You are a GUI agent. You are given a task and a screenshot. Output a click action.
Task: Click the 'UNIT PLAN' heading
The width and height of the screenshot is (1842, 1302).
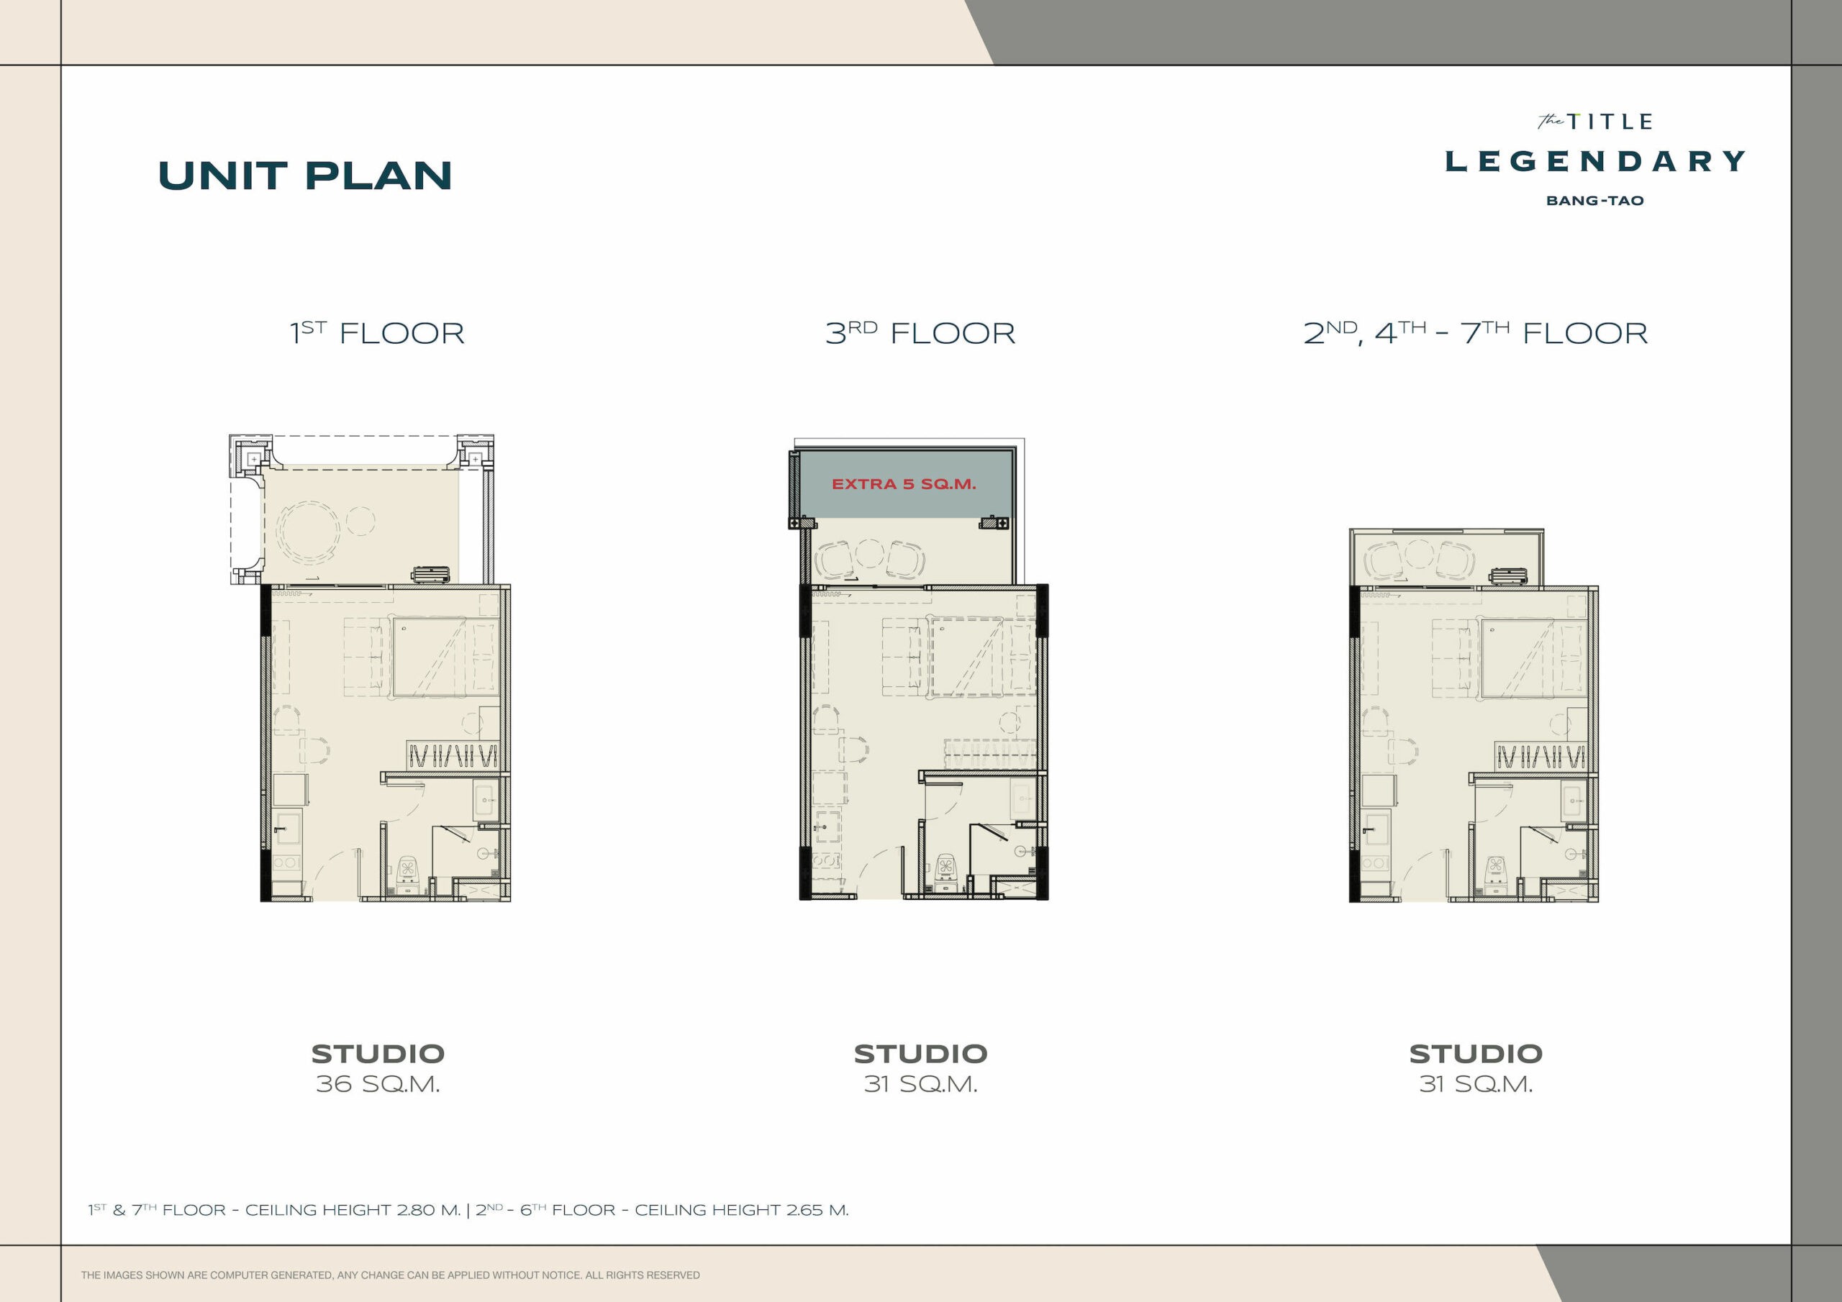coord(305,176)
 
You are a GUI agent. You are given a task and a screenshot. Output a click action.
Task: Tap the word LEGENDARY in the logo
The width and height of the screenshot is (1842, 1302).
coord(1595,161)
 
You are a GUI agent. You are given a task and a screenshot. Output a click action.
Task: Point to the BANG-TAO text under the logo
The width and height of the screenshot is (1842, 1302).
coord(1595,201)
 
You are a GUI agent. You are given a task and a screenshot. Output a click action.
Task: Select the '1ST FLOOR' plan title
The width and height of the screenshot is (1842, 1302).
coord(377,332)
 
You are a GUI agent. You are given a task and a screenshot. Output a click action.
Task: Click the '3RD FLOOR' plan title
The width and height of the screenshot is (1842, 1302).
coord(920,332)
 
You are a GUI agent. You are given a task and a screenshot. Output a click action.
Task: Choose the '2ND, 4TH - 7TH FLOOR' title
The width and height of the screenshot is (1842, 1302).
coord(1475,332)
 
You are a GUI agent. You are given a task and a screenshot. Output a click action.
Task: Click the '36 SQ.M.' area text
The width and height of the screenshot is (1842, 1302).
coord(378,1084)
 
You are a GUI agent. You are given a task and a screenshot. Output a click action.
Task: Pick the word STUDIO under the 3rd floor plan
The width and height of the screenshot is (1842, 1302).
coord(920,1053)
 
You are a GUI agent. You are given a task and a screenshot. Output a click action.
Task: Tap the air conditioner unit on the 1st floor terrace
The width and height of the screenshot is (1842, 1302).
coord(431,573)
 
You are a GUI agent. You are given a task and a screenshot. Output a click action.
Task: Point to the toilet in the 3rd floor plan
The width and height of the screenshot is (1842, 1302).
coord(948,875)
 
